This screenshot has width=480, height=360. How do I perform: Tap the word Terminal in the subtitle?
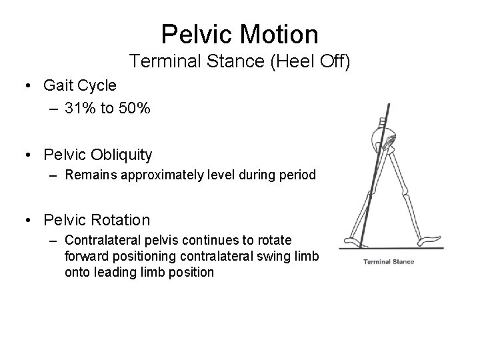[159, 62]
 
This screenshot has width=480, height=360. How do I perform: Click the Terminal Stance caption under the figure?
[388, 261]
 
